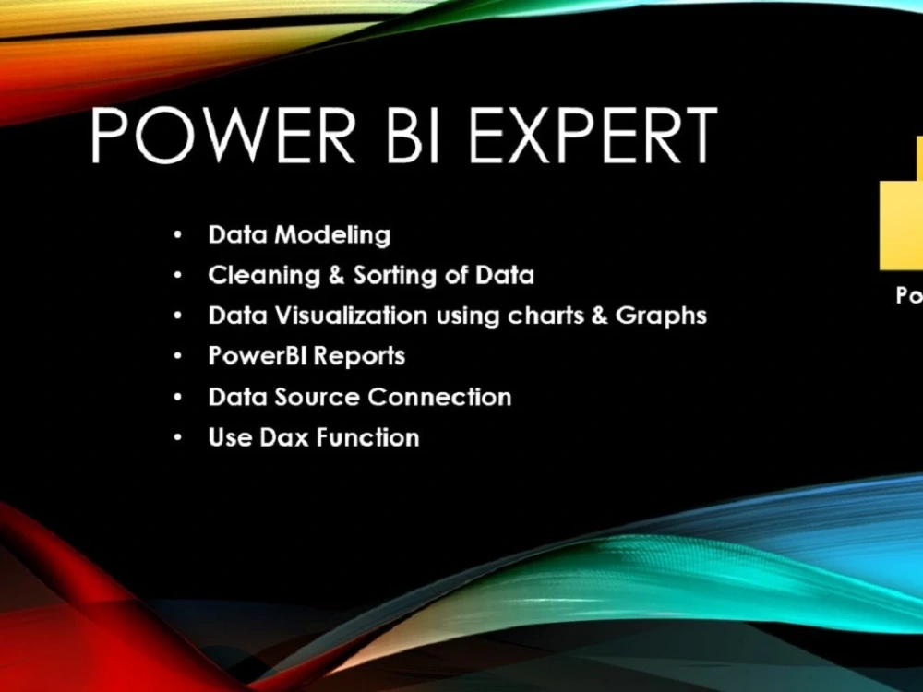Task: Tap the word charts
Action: pyautogui.click(x=544, y=316)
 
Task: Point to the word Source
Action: pyautogui.click(x=317, y=398)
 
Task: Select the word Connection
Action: pyautogui.click(x=439, y=398)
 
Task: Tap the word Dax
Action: pyautogui.click(x=282, y=437)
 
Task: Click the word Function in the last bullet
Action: pyautogui.click(x=367, y=437)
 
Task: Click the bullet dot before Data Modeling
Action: pyautogui.click(x=176, y=236)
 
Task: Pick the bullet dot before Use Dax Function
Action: pyautogui.click(x=176, y=438)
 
